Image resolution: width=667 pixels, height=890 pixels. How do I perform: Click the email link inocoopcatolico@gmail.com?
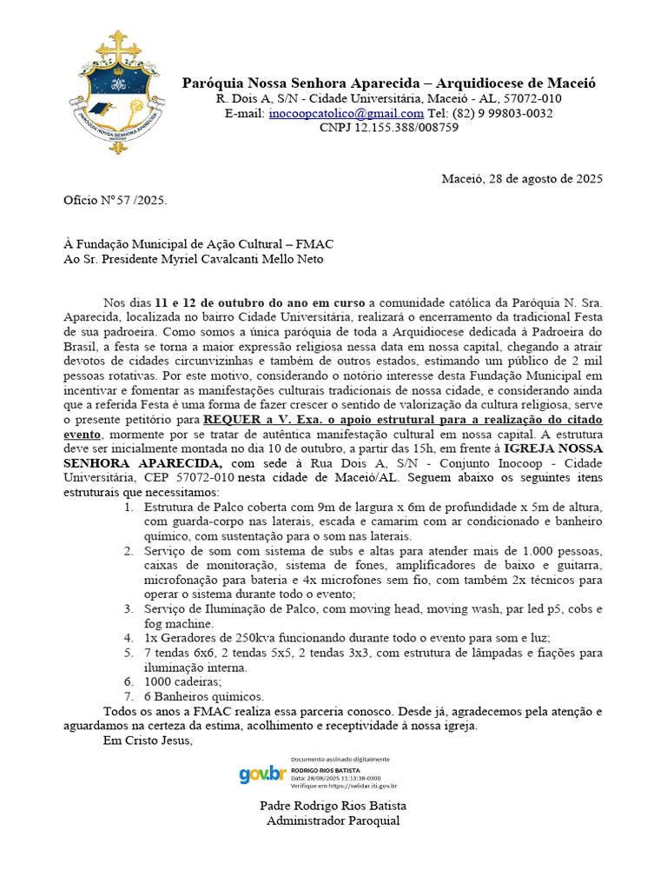click(x=346, y=113)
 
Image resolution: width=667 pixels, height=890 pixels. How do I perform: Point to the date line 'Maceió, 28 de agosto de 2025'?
click(x=522, y=179)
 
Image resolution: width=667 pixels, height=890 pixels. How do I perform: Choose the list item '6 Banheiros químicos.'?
click(x=204, y=696)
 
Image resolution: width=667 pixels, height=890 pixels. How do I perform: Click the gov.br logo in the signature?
click(x=262, y=774)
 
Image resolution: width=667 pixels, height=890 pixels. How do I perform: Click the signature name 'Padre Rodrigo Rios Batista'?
click(x=333, y=806)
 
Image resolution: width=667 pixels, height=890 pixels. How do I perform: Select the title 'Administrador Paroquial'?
click(x=333, y=820)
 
